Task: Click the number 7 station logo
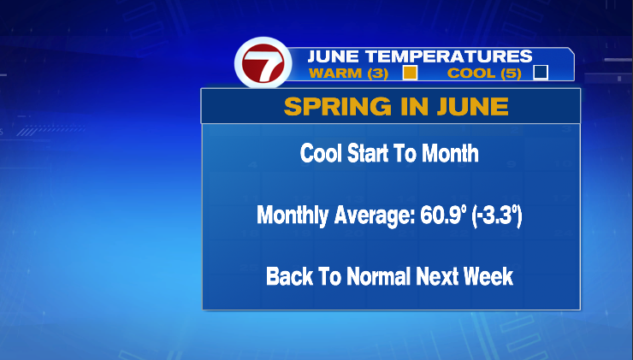tap(263, 63)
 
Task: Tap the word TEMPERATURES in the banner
tap(449, 56)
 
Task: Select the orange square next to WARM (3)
tap(410, 73)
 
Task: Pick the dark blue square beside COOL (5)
tap(541, 73)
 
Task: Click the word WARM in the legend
tap(335, 74)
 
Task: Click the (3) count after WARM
tap(377, 74)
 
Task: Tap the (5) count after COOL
tap(511, 74)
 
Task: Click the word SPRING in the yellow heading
tap(338, 107)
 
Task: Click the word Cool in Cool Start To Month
tap(322, 153)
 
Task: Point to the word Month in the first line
tap(450, 153)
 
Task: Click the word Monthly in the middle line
tap(293, 215)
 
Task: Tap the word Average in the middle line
tap(374, 215)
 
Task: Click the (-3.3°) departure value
tap(496, 215)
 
